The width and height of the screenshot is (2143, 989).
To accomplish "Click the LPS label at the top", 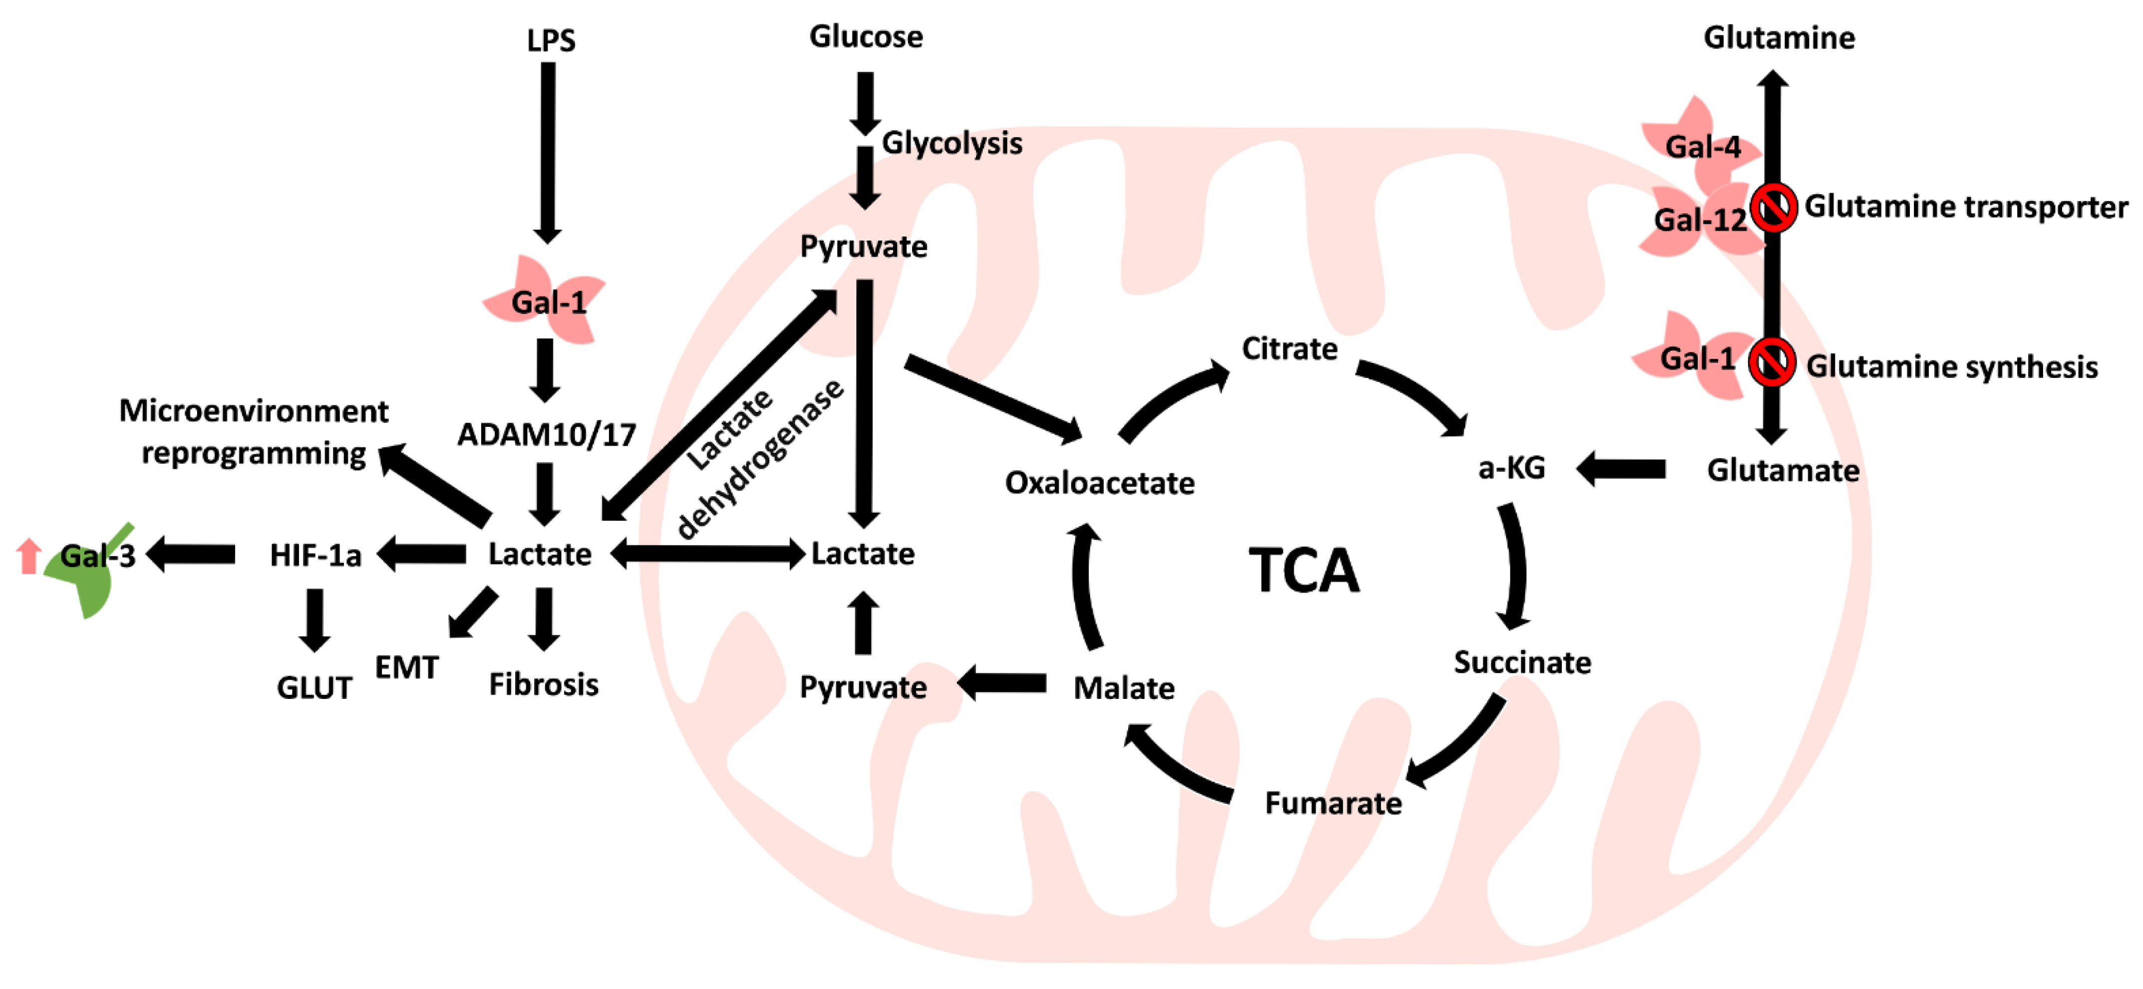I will (551, 40).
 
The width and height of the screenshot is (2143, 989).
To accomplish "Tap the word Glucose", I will (866, 36).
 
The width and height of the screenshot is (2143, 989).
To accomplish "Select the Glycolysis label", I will (952, 143).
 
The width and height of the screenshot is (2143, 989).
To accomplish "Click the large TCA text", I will (1303, 572).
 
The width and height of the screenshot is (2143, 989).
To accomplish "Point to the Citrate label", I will (1289, 348).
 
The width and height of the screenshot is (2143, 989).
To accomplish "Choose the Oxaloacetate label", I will (1099, 482).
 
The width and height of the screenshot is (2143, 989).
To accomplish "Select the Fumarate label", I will (1333, 803).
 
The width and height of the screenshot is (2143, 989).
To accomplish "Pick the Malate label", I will (1124, 688).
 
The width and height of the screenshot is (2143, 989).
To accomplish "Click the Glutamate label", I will (1783, 471).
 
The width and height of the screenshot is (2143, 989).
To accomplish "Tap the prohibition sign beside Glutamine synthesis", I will (1771, 362).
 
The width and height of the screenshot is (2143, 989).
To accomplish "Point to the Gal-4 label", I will (1702, 147).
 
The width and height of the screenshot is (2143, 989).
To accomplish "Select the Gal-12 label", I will (1700, 221).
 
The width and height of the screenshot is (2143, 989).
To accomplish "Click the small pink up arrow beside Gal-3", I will (29, 556).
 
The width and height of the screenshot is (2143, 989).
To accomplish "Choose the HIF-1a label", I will (315, 555).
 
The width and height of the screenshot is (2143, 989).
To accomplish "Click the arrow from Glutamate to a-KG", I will (1620, 469).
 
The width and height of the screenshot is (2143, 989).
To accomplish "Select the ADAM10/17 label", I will (547, 434).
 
